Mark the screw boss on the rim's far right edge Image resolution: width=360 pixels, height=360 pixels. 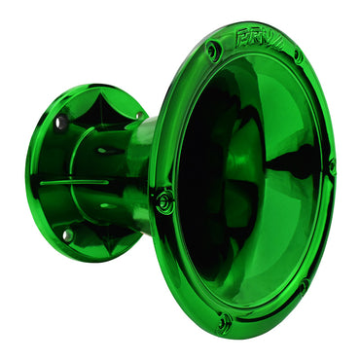331,165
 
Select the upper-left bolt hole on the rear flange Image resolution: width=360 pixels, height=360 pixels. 60,123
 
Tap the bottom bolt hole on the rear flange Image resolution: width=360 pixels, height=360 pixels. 67,234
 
